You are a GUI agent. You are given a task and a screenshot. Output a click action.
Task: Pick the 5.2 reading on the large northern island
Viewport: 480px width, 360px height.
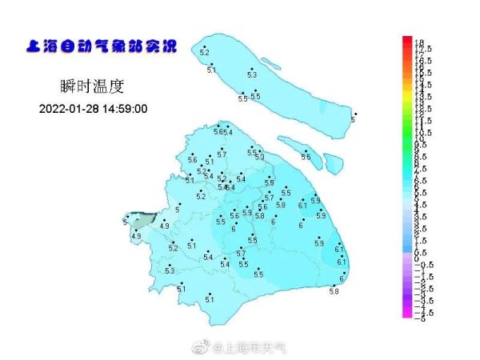pyautogui.click(x=204, y=53)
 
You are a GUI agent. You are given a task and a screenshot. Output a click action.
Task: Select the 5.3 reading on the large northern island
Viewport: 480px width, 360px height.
pyautogui.click(x=252, y=74)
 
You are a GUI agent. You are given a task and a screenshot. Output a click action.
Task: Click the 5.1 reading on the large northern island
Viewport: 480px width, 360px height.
pyautogui.click(x=212, y=71)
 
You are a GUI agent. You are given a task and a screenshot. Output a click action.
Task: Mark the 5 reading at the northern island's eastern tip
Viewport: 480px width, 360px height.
pyautogui.click(x=353, y=120)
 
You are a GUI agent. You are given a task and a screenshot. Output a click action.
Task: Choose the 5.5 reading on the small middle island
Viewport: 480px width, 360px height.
pyautogui.click(x=306, y=157)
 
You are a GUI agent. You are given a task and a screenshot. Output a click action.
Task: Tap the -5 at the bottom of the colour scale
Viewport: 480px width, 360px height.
pyautogui.click(x=418, y=317)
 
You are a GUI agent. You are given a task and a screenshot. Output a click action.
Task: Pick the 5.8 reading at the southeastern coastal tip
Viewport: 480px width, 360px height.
pyautogui.click(x=334, y=292)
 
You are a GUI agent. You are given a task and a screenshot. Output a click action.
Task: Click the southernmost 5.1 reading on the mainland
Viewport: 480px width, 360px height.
pyautogui.click(x=210, y=299)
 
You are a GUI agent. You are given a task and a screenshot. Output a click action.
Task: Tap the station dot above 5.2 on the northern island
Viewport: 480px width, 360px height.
pyautogui.click(x=204, y=46)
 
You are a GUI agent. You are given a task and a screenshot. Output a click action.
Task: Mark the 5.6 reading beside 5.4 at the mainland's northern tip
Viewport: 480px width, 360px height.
pyautogui.click(x=218, y=131)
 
